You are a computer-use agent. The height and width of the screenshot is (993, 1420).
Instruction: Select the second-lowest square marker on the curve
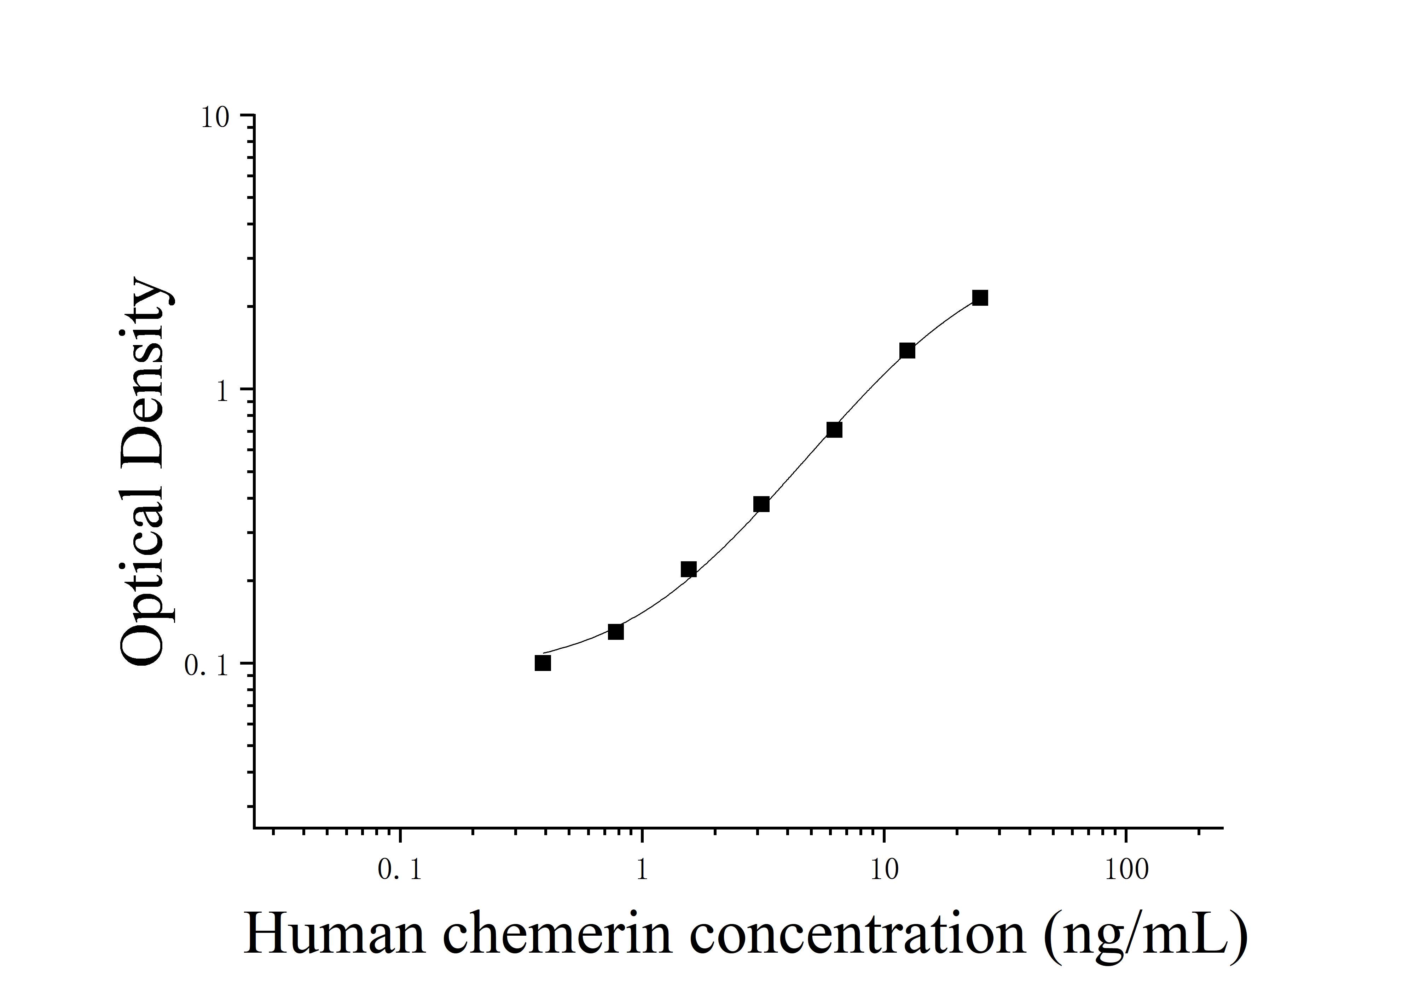615,632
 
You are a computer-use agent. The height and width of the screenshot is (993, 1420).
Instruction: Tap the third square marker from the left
688,569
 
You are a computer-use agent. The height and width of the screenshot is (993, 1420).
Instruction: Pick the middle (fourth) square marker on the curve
761,504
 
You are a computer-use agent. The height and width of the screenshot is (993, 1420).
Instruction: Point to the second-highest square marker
907,351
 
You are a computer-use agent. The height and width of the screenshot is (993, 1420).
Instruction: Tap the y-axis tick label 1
223,391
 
